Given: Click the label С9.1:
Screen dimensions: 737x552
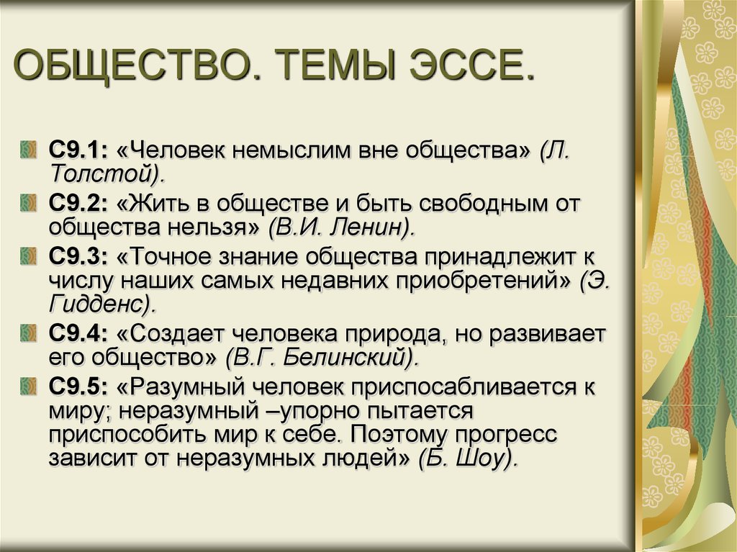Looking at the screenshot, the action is click(78, 150).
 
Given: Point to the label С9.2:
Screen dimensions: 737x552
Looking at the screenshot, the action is click(78, 204).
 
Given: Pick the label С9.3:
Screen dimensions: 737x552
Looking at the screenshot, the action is click(78, 257).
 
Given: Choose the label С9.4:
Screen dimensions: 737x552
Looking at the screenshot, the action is click(78, 334).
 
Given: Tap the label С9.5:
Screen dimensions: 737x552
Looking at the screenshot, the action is click(78, 387).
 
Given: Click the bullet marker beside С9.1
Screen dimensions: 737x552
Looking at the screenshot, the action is click(28, 150).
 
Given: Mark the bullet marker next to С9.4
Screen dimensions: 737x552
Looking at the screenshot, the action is click(28, 334).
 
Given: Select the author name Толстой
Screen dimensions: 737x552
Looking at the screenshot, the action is click(101, 174).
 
